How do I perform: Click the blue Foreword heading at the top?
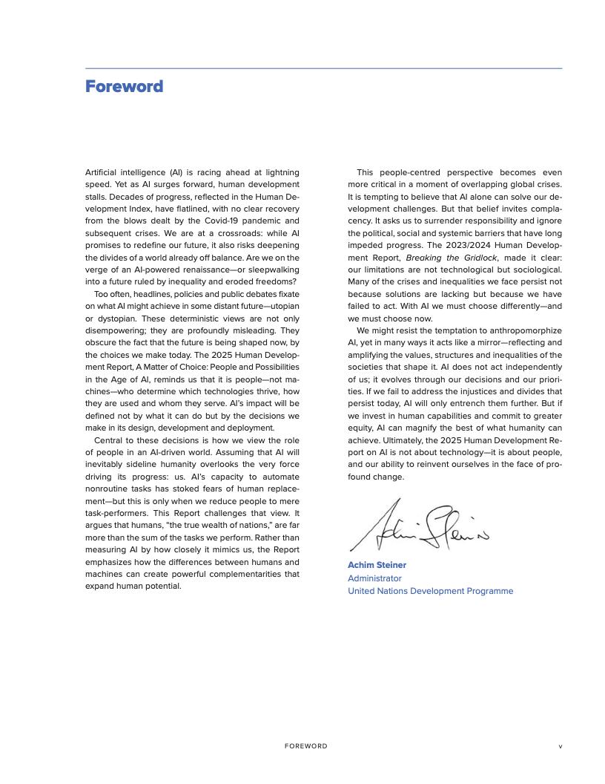[124, 87]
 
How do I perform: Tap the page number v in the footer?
[560, 746]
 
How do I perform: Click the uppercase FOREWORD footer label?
[305, 746]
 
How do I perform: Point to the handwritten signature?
[419, 528]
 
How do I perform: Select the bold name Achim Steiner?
[377, 565]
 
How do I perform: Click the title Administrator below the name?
[374, 578]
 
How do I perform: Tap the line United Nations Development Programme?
[430, 591]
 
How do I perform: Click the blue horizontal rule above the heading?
[323, 68]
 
